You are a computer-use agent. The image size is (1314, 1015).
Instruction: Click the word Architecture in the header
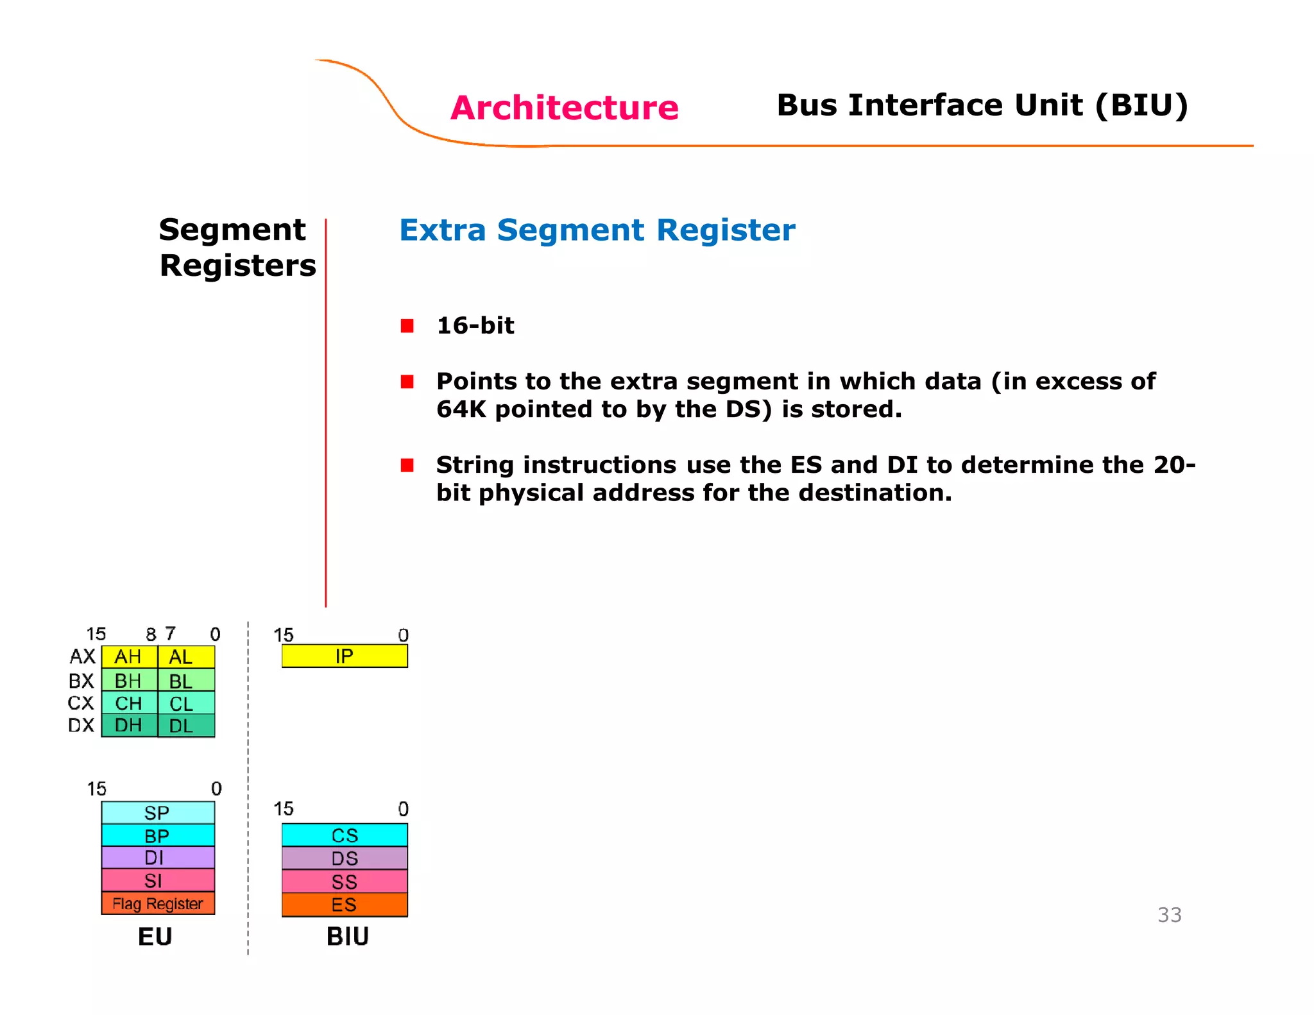point(564,107)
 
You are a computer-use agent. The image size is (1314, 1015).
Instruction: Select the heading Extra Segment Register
point(597,230)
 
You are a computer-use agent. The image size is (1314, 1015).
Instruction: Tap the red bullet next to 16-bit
point(407,326)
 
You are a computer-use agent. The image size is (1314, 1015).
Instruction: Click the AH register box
point(129,657)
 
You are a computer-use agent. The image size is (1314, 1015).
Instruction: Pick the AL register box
point(186,657)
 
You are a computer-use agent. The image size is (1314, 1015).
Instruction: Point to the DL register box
point(186,726)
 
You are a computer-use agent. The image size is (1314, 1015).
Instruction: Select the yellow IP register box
point(345,656)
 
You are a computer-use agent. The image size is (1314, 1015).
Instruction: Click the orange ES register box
point(345,905)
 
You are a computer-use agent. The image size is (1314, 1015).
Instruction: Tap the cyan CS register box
point(345,835)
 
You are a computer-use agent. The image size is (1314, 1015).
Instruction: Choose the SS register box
point(345,882)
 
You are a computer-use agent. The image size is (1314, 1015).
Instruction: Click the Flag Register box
point(158,903)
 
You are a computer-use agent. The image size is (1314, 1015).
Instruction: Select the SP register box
point(158,813)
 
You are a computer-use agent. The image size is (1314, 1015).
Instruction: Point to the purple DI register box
point(158,858)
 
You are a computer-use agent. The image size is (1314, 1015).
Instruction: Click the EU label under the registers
point(155,937)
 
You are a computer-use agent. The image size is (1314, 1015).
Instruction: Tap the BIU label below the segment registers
point(347,937)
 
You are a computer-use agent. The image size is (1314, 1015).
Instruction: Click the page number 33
point(1169,915)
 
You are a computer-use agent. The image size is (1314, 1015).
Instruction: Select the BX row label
point(81,681)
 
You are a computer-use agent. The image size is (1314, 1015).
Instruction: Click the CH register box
point(129,703)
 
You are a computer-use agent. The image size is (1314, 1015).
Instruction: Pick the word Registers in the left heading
point(237,266)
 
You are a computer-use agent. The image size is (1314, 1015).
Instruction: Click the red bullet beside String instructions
point(407,465)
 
